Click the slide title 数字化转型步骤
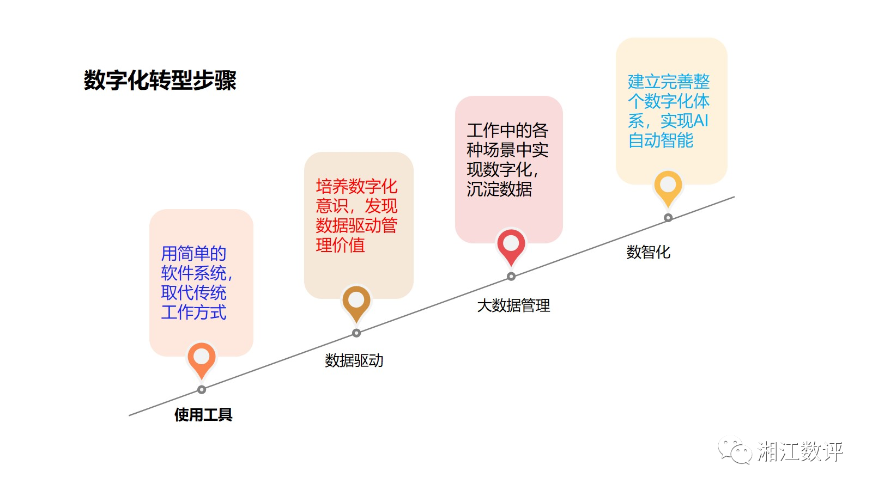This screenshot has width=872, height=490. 160,81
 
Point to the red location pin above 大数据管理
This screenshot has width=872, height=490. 511,244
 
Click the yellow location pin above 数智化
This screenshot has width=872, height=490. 668,186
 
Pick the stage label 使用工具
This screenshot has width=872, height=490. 203,415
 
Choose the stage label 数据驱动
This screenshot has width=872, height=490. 354,360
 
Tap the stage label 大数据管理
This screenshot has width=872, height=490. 513,305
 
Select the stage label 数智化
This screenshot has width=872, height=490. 648,252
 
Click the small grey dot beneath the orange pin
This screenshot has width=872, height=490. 202,390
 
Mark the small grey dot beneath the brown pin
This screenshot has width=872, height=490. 356,333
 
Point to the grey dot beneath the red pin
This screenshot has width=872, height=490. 511,277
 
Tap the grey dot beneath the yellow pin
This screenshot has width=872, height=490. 668,218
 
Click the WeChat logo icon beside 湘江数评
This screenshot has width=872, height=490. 735,451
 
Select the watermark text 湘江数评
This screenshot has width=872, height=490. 800,451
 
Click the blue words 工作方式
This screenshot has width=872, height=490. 193,313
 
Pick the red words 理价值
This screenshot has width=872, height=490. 340,245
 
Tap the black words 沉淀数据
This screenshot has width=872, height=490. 499,189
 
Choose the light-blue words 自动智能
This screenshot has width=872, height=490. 661,140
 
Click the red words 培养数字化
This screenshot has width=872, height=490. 356,186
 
